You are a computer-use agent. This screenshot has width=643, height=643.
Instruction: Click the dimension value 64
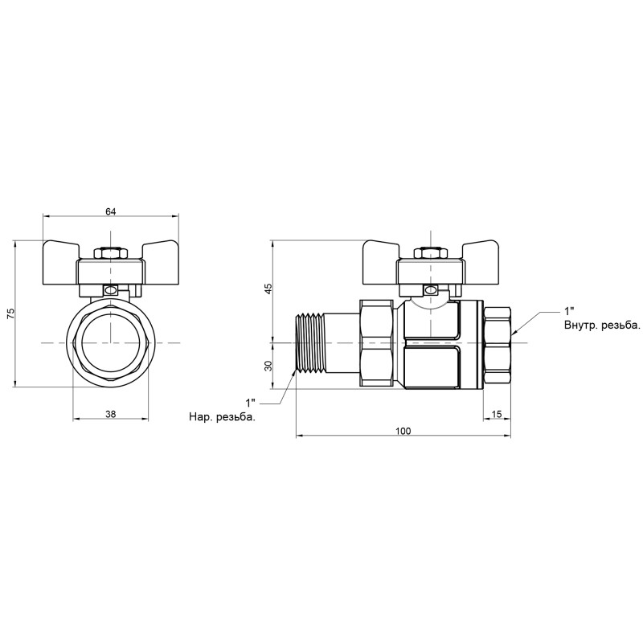[x=111, y=211]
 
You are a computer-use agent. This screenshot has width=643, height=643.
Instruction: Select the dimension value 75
[x=10, y=313]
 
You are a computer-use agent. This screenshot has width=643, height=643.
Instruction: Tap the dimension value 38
[x=111, y=415]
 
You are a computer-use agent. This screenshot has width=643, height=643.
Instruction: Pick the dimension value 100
[x=403, y=432]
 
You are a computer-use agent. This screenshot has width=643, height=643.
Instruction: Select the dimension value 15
[x=496, y=415]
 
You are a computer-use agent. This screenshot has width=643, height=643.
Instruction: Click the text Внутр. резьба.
[x=602, y=326]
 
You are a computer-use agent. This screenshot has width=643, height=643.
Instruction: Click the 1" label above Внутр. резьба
[x=569, y=311]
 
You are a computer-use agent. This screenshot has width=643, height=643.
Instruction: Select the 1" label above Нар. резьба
[x=250, y=401]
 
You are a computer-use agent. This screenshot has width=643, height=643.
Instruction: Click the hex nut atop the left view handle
[x=111, y=253]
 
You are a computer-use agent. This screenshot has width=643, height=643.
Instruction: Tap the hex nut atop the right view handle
[x=431, y=253]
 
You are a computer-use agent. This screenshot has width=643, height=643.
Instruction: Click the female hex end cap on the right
[x=498, y=343]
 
